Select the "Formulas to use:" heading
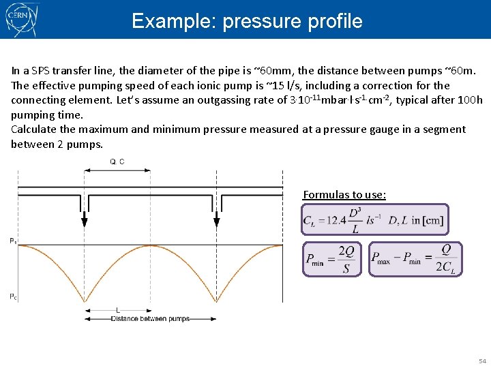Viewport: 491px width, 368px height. [x=344, y=195]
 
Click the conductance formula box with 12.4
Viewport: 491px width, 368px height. [x=375, y=219]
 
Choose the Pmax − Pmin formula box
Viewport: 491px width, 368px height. [x=416, y=259]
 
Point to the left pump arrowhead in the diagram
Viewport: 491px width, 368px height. [x=83, y=220]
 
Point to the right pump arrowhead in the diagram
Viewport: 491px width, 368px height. [x=217, y=220]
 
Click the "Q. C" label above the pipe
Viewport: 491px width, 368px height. [x=117, y=162]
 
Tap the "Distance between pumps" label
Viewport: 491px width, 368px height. [x=150, y=318]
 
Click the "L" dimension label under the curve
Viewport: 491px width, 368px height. [x=118, y=311]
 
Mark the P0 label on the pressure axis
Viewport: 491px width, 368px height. [x=14, y=296]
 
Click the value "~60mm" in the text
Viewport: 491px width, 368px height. [x=270, y=70]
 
